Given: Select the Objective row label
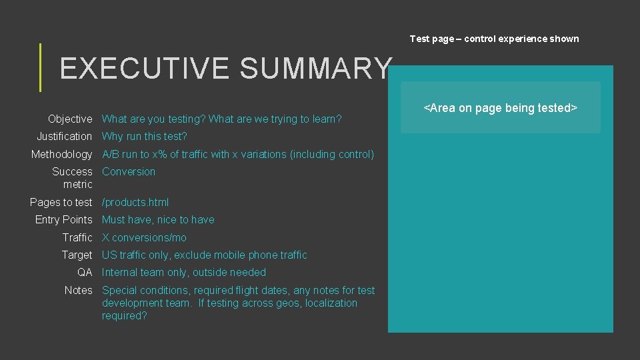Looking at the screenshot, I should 70,119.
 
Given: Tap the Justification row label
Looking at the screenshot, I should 64,137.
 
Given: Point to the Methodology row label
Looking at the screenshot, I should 61,155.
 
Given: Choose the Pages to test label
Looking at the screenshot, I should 61,202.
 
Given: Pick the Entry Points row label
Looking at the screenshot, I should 63,220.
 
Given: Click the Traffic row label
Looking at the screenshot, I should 77,238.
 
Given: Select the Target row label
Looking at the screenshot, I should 77,255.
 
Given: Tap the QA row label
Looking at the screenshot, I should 85,273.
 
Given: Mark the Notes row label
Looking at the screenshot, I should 78,291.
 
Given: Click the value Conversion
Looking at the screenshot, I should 129,172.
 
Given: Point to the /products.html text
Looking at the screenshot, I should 135,202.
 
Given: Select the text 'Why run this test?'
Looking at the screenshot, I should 145,137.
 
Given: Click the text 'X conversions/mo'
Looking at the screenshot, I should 144,238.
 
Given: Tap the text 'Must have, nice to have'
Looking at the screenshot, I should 158,220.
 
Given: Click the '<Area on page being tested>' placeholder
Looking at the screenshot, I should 500,108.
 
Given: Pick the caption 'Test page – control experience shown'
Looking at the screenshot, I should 494,39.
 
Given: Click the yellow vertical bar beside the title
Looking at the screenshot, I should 41,67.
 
